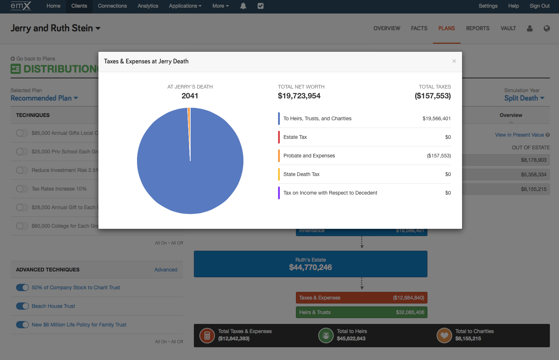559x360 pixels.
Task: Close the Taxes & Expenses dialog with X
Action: pyautogui.click(x=454, y=61)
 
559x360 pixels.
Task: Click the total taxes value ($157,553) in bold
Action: pyautogui.click(x=433, y=96)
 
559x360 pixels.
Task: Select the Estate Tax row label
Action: pyautogui.click(x=295, y=137)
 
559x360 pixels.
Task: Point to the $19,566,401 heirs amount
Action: pyautogui.click(x=436, y=118)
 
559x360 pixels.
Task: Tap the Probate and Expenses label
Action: pyautogui.click(x=309, y=156)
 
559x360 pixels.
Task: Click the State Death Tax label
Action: pyautogui.click(x=301, y=174)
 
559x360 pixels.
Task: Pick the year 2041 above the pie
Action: pyautogui.click(x=190, y=96)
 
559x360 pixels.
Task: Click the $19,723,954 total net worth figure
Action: pyautogui.click(x=299, y=96)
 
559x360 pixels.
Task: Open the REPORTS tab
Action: pyautogui.click(x=477, y=28)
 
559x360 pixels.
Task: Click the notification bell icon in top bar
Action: pyautogui.click(x=243, y=6)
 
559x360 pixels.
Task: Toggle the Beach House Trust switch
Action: pyautogui.click(x=22, y=306)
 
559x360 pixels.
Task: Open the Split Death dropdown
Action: pyautogui.click(x=524, y=98)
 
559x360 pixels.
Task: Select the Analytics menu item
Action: pyautogui.click(x=148, y=6)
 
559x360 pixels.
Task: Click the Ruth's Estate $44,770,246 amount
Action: pyautogui.click(x=310, y=267)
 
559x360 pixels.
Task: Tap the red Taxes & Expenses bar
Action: pyautogui.click(x=361, y=298)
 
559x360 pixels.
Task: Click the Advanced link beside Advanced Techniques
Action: pyautogui.click(x=166, y=270)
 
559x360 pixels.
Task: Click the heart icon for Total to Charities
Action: pyautogui.click(x=444, y=335)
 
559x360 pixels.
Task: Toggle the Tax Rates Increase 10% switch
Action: pyautogui.click(x=22, y=189)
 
